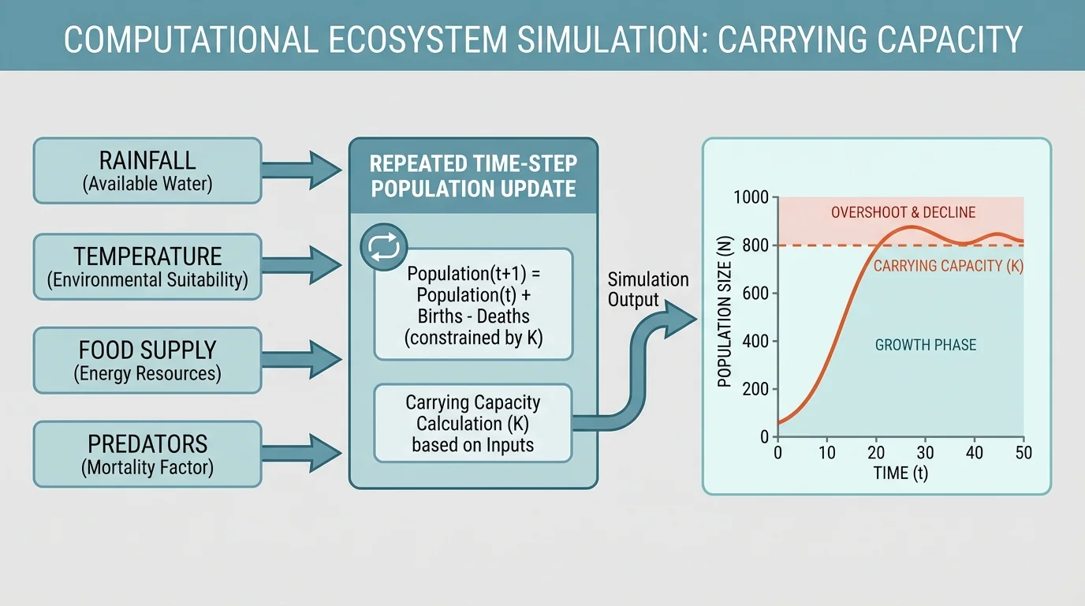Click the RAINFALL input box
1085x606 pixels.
point(147,170)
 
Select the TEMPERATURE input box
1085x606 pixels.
point(147,267)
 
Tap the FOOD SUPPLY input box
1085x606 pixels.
point(147,361)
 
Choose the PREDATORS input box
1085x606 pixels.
point(147,454)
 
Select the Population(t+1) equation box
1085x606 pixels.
point(473,305)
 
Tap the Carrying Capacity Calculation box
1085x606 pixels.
point(473,423)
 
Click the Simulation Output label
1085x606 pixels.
point(648,290)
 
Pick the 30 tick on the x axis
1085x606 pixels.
point(925,453)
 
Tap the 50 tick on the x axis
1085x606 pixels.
point(1023,453)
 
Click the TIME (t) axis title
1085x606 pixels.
point(900,474)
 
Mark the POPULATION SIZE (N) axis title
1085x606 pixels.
point(725,316)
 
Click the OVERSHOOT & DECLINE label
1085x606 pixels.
point(903,212)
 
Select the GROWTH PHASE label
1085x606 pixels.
point(925,345)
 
